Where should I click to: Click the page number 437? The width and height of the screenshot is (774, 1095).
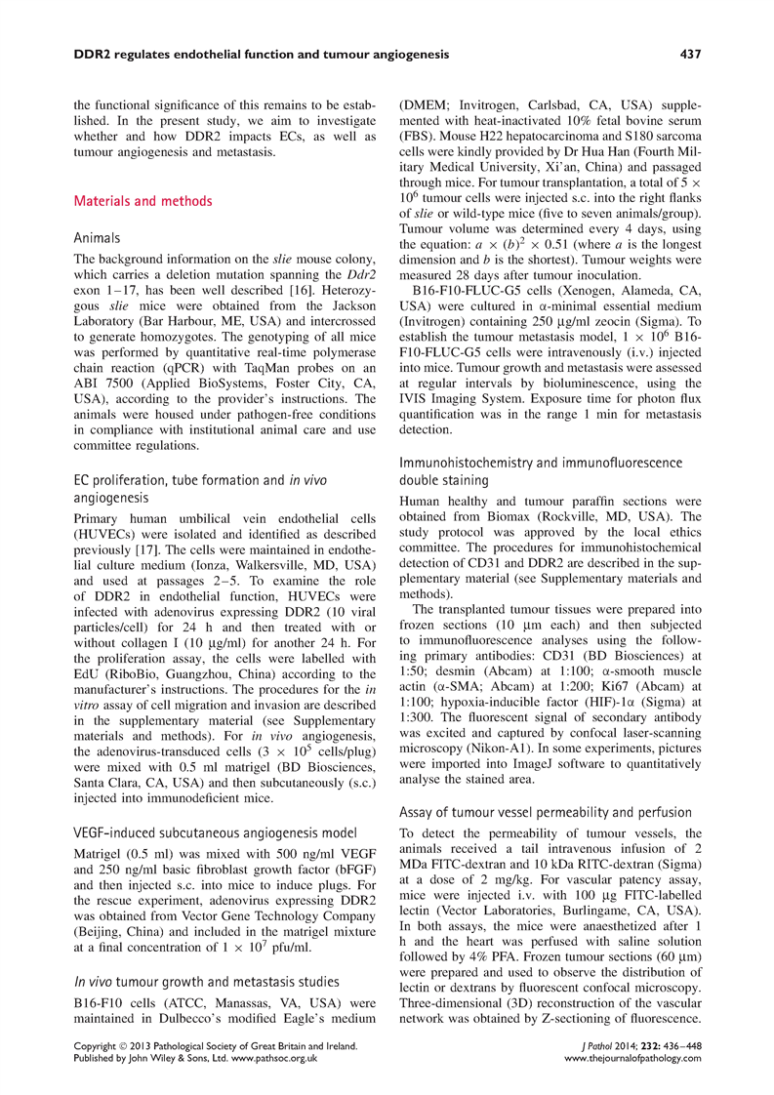(691, 55)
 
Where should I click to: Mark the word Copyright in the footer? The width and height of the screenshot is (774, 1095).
(101, 1043)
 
